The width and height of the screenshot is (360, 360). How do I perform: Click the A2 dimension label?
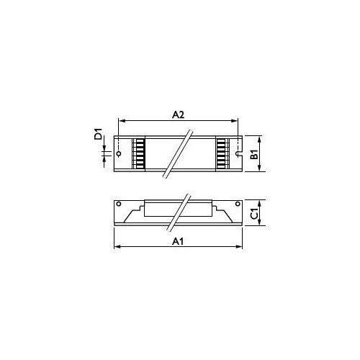178,115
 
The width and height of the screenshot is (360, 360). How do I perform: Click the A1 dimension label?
178,241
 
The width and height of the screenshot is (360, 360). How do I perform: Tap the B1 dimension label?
254,154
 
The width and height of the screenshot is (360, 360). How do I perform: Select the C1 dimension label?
254,213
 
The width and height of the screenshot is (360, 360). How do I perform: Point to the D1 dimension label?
98,134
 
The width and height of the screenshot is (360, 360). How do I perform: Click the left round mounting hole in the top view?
119,153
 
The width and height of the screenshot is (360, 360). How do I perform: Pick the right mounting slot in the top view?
238,153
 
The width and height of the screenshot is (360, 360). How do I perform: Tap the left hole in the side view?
119,204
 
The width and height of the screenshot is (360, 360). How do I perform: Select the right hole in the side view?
238,204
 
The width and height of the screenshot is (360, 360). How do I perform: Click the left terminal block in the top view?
139,153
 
